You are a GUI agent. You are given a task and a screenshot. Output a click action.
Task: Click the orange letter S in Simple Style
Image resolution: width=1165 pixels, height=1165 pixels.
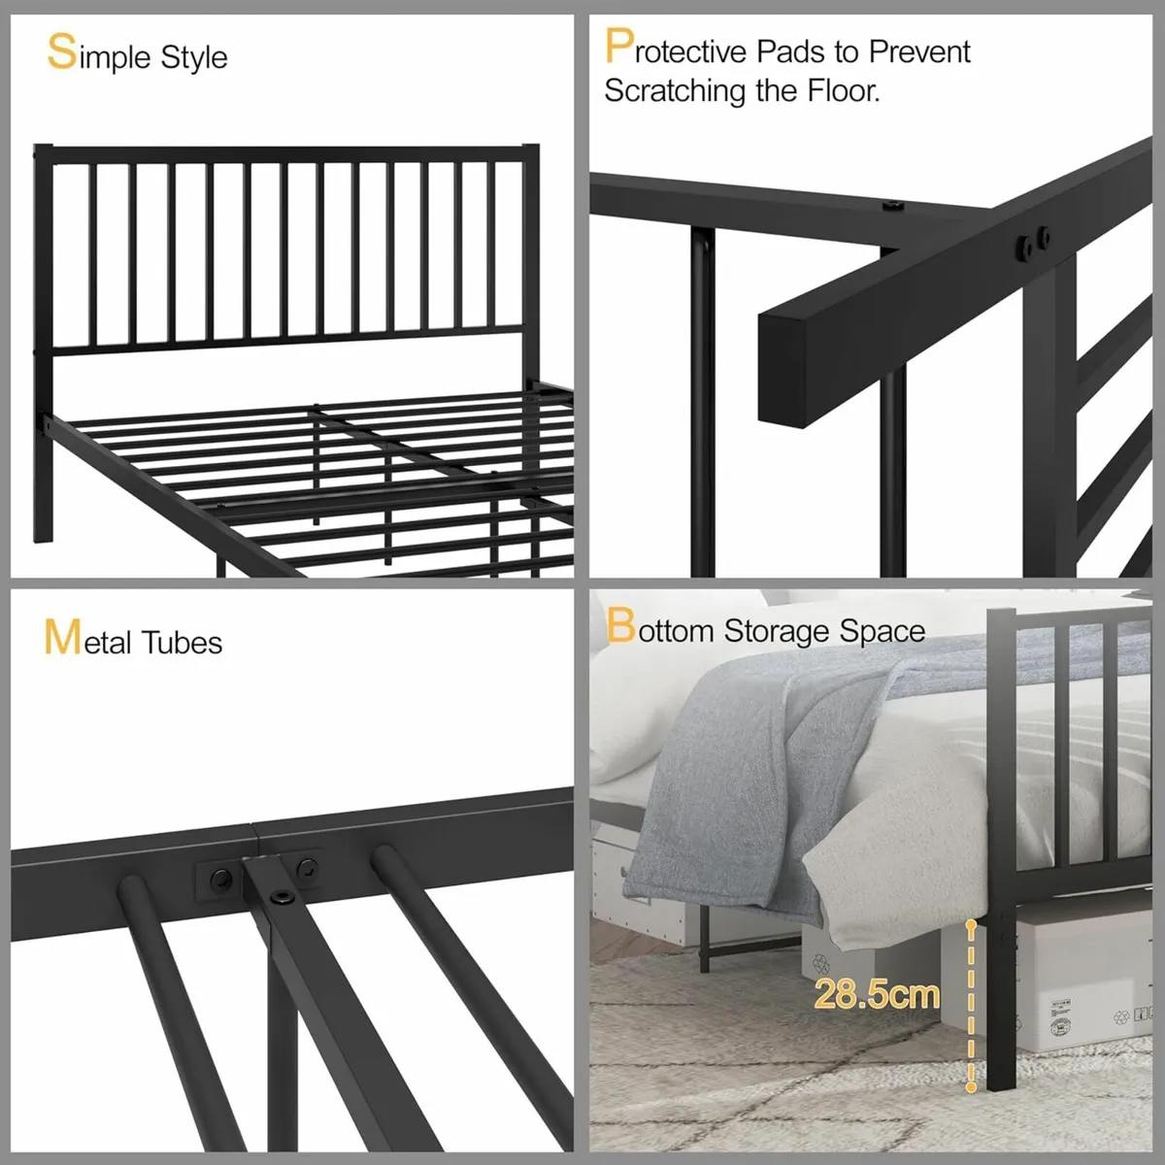pyautogui.click(x=62, y=52)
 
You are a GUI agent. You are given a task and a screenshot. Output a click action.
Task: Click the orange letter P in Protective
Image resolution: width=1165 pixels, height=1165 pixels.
pyautogui.click(x=619, y=46)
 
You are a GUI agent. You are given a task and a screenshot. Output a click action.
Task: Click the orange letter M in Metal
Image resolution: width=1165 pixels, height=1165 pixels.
pyautogui.click(x=62, y=637)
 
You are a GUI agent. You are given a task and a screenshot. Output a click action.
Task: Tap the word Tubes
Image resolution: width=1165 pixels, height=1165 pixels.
pyautogui.click(x=182, y=642)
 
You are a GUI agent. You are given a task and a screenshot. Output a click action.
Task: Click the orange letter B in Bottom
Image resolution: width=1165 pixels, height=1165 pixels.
pyautogui.click(x=620, y=625)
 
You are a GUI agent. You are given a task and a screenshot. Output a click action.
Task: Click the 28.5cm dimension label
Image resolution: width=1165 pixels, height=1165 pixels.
pyautogui.click(x=877, y=993)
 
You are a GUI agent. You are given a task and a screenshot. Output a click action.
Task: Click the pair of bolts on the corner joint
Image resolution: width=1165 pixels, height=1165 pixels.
pyautogui.click(x=1033, y=241)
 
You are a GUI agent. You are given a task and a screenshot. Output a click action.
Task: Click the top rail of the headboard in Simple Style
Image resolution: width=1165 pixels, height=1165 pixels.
pyautogui.click(x=286, y=154)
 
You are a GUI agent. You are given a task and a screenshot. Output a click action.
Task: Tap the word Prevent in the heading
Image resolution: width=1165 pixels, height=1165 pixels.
pyautogui.click(x=919, y=52)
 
